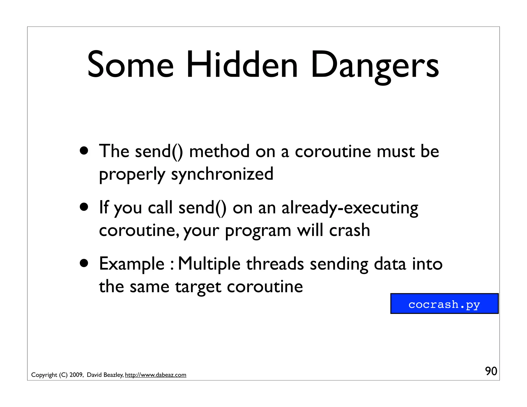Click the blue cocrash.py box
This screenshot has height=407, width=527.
point(444,304)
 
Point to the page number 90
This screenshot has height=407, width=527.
point(491,371)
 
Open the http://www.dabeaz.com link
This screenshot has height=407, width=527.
point(155,375)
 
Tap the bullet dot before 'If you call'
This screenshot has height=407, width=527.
point(84,207)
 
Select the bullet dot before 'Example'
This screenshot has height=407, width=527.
point(84,263)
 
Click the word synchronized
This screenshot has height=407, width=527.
point(222,174)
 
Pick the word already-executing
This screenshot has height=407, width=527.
point(350,208)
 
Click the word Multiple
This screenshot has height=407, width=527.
point(209,264)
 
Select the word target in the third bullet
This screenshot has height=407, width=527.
point(198,287)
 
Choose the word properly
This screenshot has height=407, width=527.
point(132,174)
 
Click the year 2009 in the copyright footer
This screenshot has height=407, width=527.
point(76,375)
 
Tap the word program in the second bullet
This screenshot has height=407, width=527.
point(258,231)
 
